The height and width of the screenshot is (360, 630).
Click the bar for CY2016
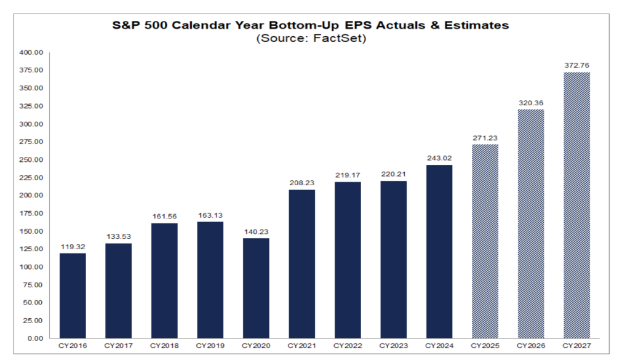point(73,296)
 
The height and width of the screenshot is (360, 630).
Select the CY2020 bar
point(257,288)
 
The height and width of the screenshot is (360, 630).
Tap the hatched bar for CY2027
point(577,206)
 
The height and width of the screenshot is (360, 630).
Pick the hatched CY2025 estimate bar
point(485,241)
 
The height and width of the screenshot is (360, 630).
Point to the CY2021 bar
point(302,264)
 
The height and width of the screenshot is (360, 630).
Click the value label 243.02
point(439,158)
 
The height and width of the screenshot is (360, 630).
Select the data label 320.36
point(531,103)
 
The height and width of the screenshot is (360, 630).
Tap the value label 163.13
point(210,216)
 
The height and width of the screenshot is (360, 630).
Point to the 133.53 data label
point(119,237)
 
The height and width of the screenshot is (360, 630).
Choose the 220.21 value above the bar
point(393,174)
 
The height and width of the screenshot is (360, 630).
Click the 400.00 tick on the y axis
point(31,53)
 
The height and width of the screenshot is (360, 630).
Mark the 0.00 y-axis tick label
point(35,338)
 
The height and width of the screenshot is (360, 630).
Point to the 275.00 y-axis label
point(31,142)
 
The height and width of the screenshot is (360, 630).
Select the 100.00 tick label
point(31,267)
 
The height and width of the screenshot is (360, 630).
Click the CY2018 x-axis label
point(164,346)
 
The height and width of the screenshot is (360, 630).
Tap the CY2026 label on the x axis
point(531,346)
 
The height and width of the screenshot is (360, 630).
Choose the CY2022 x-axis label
point(348,346)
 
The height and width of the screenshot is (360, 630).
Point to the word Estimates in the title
point(477,25)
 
